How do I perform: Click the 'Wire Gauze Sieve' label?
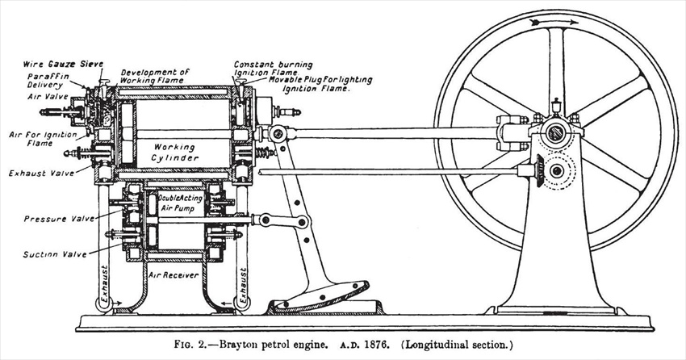pos(64,65)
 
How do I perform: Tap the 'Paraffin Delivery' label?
pos(48,80)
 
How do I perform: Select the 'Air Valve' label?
pos(48,96)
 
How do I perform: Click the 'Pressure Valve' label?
pos(59,219)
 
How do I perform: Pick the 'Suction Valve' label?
pos(55,254)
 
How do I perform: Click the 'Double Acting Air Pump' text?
pos(181,203)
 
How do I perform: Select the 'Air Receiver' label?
pos(174,275)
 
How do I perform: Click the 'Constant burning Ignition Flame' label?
pos(273,69)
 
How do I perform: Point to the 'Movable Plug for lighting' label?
pos(320,80)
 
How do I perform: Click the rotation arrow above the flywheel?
pos(554,22)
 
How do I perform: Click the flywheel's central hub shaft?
pos(555,132)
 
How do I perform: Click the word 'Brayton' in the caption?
pos(236,345)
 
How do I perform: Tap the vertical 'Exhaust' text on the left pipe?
pos(104,284)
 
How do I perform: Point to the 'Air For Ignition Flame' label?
pos(43,139)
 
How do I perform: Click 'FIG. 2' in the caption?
pos(193,345)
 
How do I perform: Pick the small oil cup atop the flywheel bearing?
pos(556,106)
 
